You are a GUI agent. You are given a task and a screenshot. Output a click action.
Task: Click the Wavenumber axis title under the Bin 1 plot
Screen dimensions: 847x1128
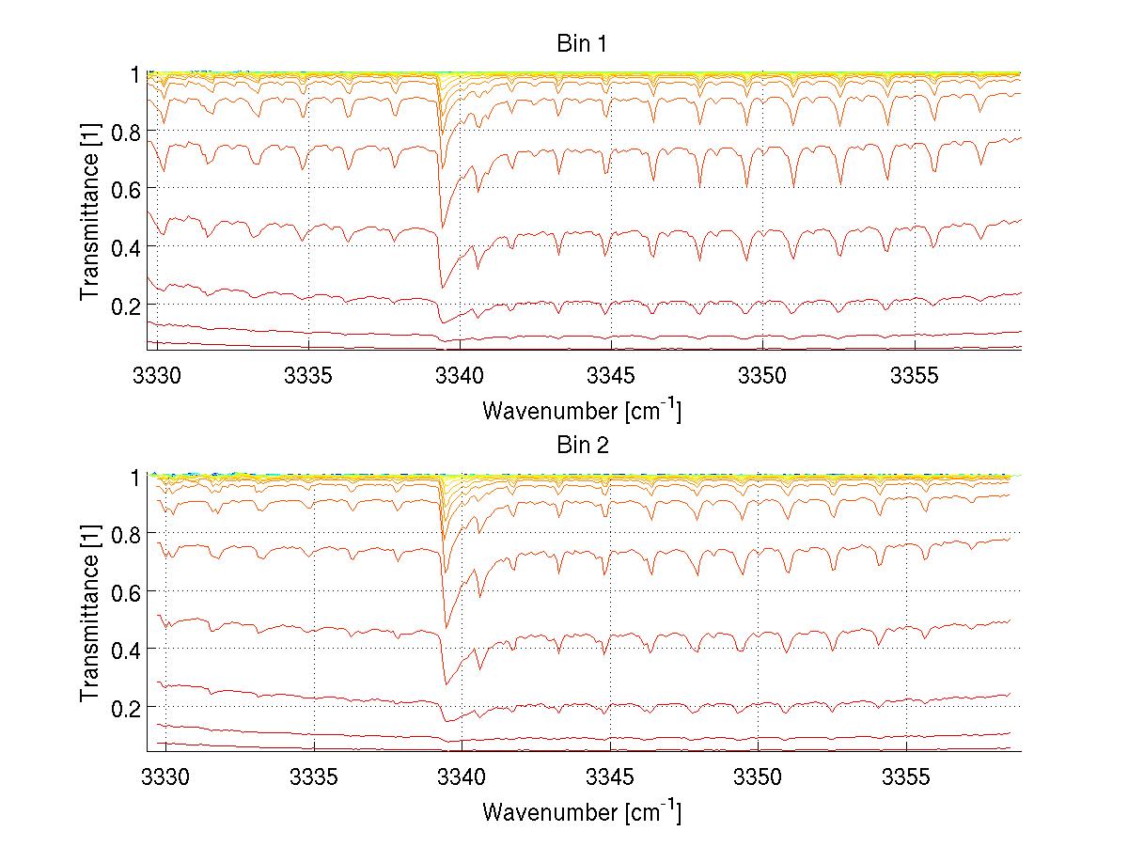[582, 410]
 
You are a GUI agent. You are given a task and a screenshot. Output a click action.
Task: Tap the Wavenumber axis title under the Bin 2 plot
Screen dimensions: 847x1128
[582, 811]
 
